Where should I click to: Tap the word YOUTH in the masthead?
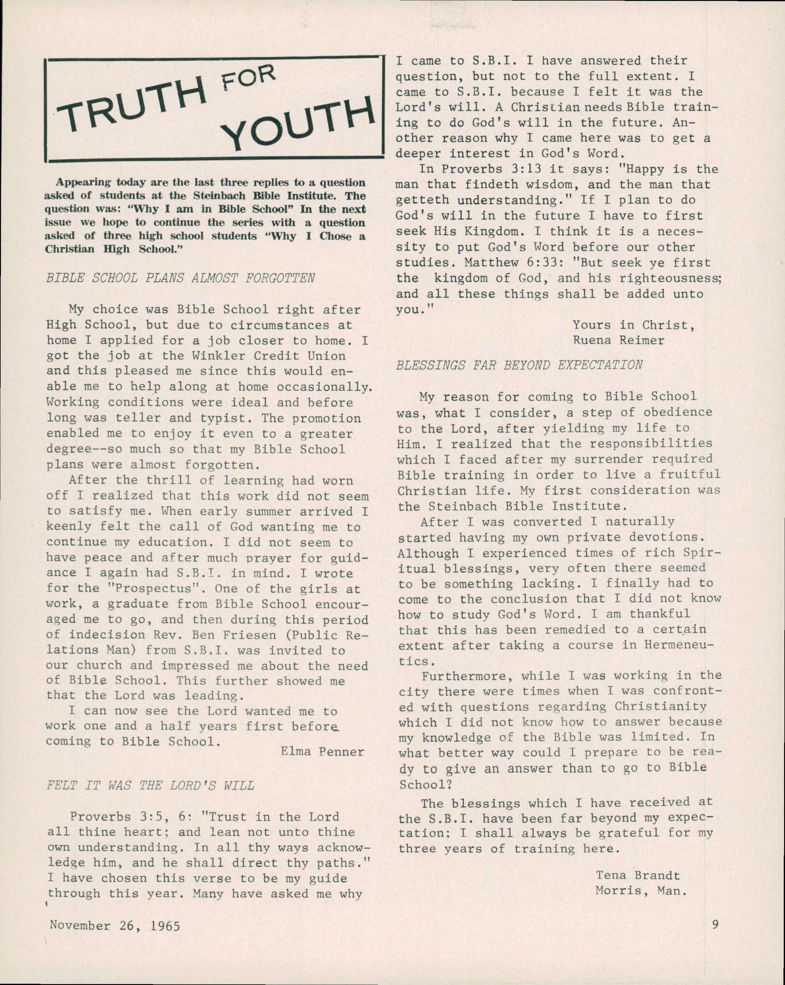[299, 121]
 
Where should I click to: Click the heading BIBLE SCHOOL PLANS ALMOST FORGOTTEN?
[181, 278]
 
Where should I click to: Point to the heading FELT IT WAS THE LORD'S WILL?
[151, 785]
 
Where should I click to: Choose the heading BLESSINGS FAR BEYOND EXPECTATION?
[519, 365]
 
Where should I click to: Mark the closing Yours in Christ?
[633, 325]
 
